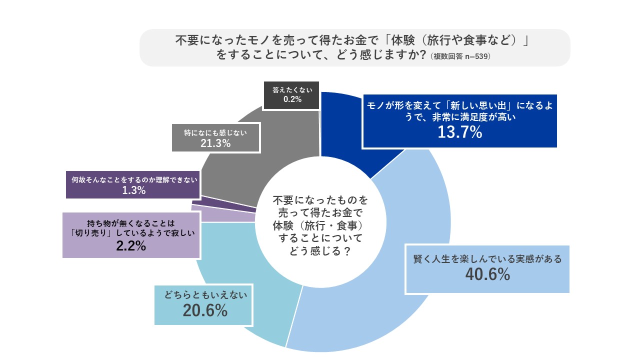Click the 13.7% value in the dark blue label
click(459, 132)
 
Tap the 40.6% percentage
click(487, 274)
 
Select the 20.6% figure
click(205, 310)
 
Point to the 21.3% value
click(215, 143)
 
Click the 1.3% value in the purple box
click(133, 190)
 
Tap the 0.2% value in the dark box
click(292, 99)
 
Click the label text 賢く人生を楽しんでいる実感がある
click(487, 259)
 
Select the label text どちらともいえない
click(205, 295)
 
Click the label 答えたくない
click(292, 90)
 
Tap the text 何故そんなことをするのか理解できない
click(133, 179)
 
